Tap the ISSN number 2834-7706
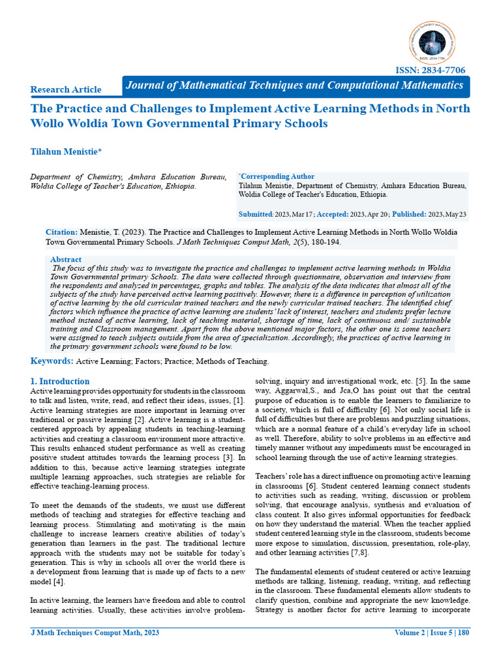(x=431, y=70)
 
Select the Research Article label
(x=66, y=89)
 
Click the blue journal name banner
(x=294, y=85)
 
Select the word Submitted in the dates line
(x=255, y=214)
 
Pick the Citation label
(x=61, y=232)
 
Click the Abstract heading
(x=66, y=259)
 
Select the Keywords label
(x=52, y=361)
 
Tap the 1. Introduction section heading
(x=60, y=381)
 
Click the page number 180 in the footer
(x=463, y=633)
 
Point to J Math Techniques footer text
(x=95, y=633)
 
